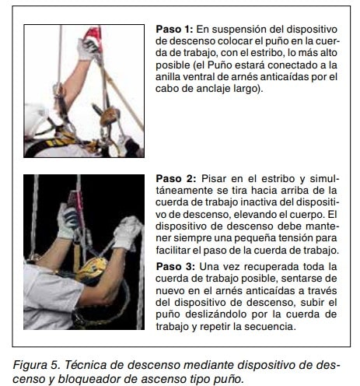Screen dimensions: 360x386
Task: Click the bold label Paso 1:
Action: click(x=174, y=29)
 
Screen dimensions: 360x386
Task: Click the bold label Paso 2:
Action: click(x=176, y=178)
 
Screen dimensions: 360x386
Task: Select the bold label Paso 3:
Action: click(x=175, y=266)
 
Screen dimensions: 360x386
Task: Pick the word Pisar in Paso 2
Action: click(x=214, y=178)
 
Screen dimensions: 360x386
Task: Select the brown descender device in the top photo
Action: click(x=110, y=116)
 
